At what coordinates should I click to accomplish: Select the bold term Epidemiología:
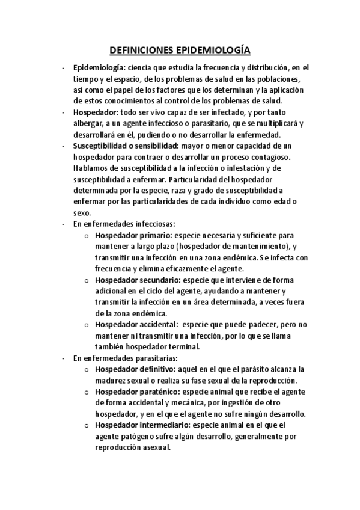pos(99,69)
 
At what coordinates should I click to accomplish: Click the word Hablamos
pos(90,168)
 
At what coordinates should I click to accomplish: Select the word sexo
pos(81,213)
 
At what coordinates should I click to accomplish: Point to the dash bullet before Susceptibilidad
pos(64,146)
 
